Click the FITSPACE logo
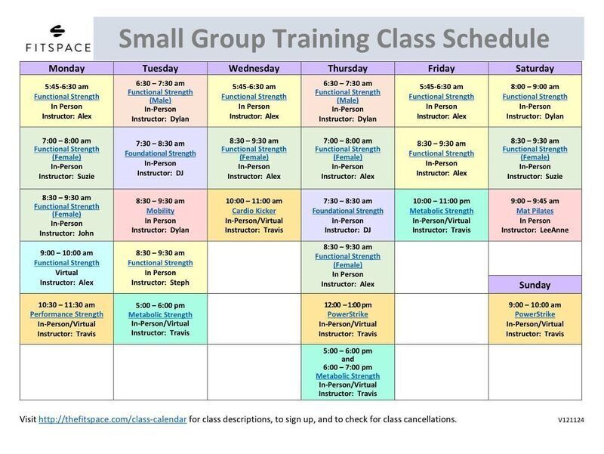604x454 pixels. pos(58,39)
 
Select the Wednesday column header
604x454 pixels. pos(254,68)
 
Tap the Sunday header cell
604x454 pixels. pos(535,285)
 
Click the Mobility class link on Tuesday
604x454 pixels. pos(160,211)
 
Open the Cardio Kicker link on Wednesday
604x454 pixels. pos(254,211)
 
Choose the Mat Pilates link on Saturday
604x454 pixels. pos(535,211)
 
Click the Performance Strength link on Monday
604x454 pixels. pos(66,314)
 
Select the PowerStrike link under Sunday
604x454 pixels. pos(535,314)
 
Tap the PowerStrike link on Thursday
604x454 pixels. pos(347,314)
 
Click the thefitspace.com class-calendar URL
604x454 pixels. pos(112,419)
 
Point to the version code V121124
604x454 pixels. pos(571,420)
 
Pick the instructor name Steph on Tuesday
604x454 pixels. pos(180,283)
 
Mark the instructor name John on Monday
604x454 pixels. pos(86,233)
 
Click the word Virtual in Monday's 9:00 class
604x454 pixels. pos(66,273)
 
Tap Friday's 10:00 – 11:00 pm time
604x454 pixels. pos(442,201)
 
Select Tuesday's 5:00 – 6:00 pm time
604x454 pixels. pos(160,305)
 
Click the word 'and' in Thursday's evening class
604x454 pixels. pos(347,359)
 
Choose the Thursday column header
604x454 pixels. pos(347,68)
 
